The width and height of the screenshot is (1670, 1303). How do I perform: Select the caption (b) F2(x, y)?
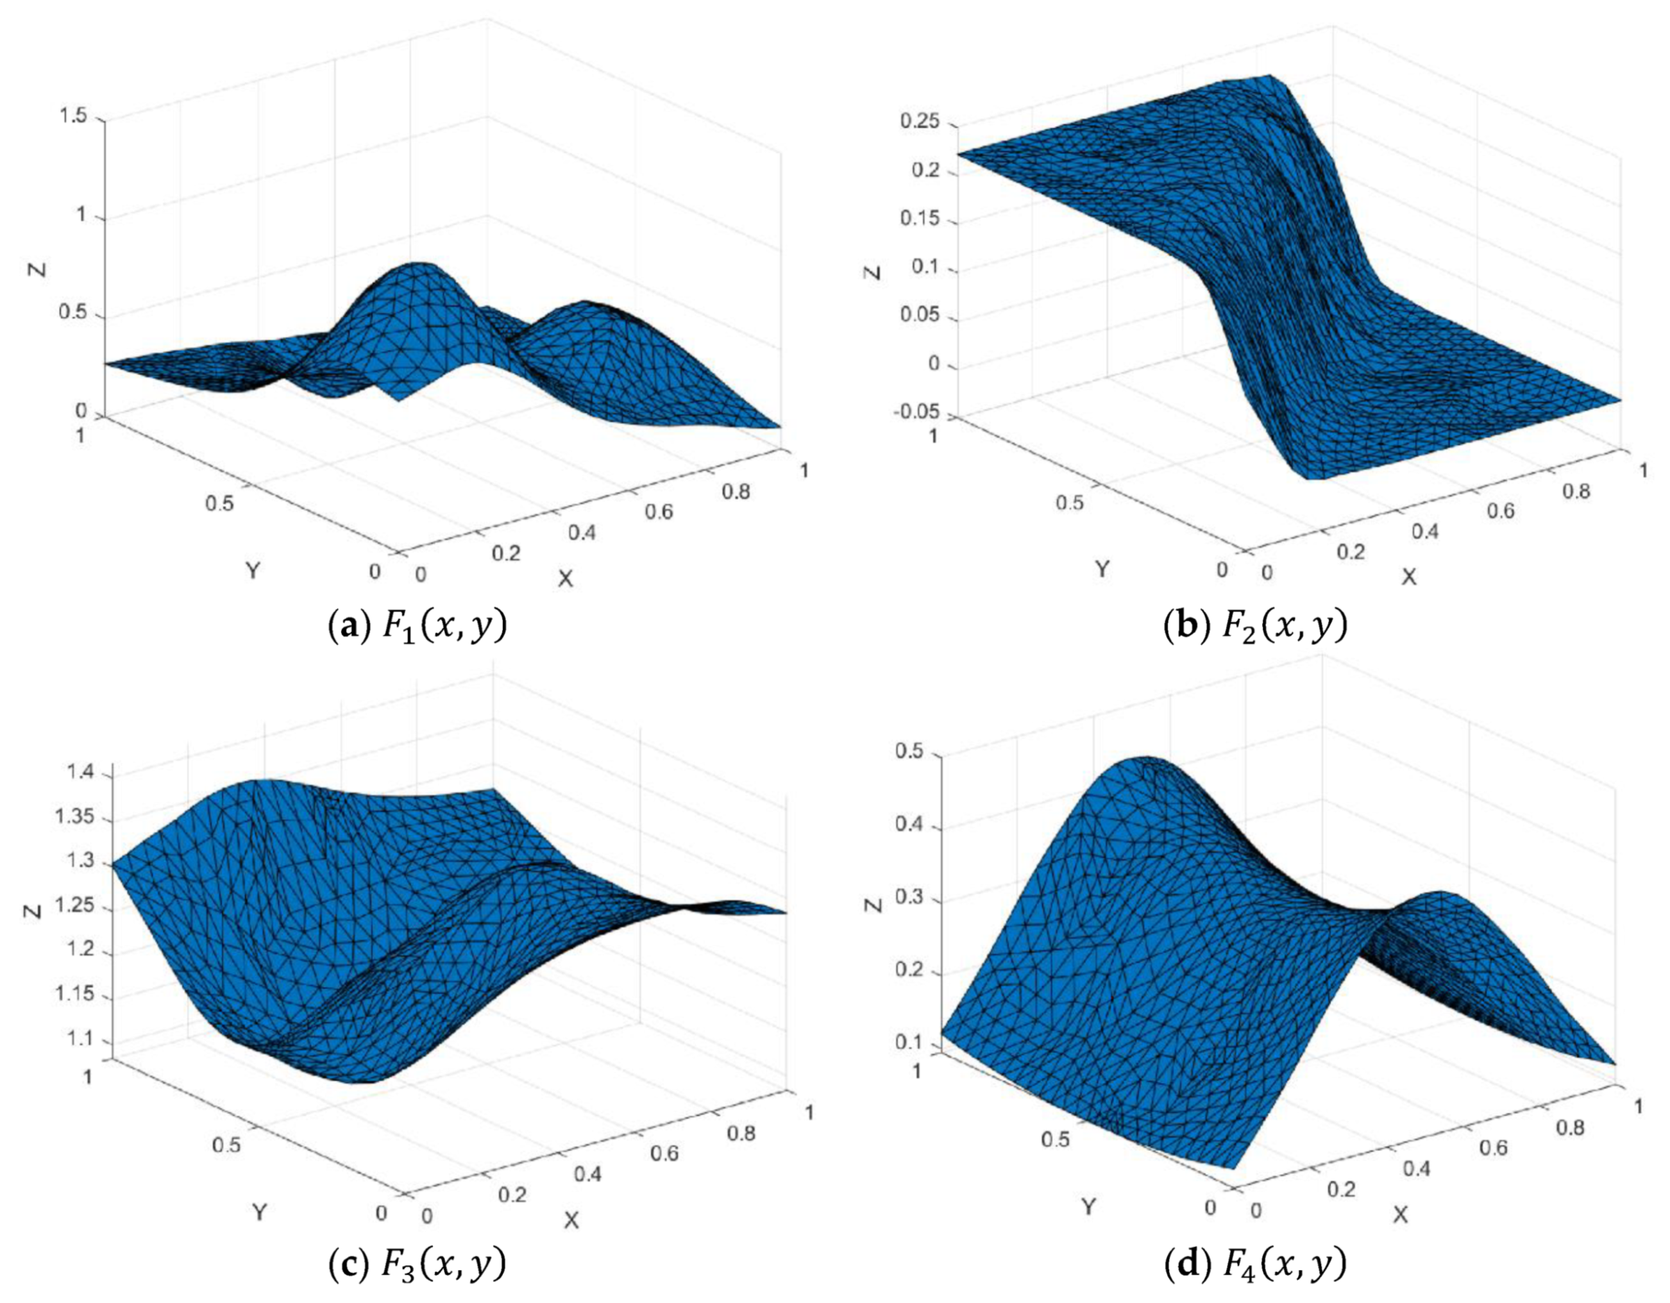[x=1255, y=627]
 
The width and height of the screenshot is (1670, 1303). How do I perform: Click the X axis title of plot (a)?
[x=565, y=580]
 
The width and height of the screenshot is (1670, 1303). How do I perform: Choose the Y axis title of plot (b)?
[x=1102, y=569]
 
